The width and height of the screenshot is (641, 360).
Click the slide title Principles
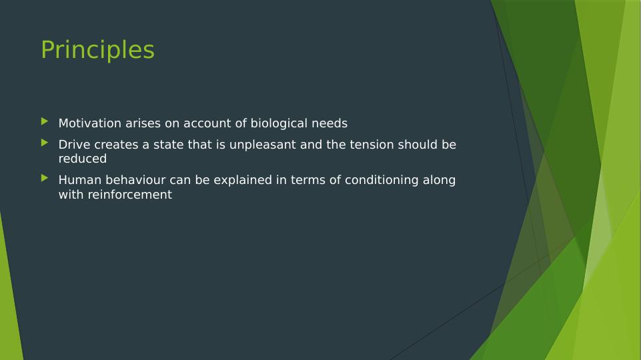click(x=97, y=50)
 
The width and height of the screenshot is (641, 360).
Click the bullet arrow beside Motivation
click(x=45, y=121)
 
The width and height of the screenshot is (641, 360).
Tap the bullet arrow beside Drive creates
click(x=45, y=143)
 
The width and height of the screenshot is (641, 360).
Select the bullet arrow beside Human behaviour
click(x=45, y=178)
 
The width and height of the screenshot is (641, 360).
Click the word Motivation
click(x=90, y=123)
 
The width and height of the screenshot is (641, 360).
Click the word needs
click(x=330, y=123)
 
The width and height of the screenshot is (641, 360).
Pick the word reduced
click(x=83, y=159)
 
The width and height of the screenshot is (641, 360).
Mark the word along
click(x=439, y=181)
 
